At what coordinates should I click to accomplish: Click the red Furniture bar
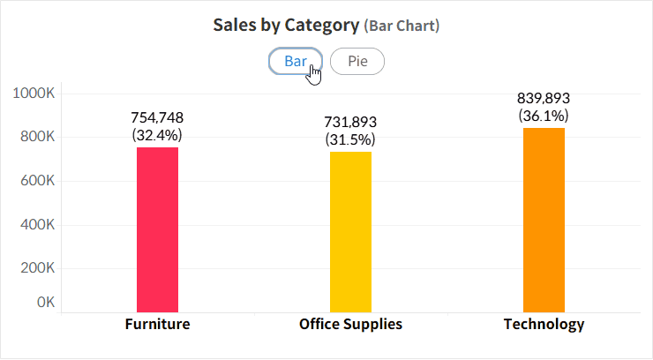(157, 229)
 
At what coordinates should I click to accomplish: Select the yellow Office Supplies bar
(350, 231)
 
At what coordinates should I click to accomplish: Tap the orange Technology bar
(544, 220)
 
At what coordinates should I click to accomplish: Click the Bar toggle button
(295, 62)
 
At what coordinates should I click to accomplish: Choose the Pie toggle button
(357, 62)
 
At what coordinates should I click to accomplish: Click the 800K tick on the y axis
(38, 138)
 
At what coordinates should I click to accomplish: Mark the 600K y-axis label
(38, 181)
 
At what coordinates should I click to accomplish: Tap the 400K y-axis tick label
(38, 225)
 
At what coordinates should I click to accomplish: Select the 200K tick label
(38, 268)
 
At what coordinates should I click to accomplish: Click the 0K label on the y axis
(45, 303)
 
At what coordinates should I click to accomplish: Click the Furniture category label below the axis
(157, 324)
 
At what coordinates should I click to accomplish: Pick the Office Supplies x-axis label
(350, 324)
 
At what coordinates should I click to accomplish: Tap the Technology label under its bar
(544, 324)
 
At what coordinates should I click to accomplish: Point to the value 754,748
(157, 117)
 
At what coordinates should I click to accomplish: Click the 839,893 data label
(544, 98)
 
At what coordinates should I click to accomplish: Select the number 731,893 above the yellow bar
(350, 123)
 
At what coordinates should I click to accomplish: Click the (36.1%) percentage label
(544, 116)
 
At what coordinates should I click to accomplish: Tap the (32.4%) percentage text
(157, 135)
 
